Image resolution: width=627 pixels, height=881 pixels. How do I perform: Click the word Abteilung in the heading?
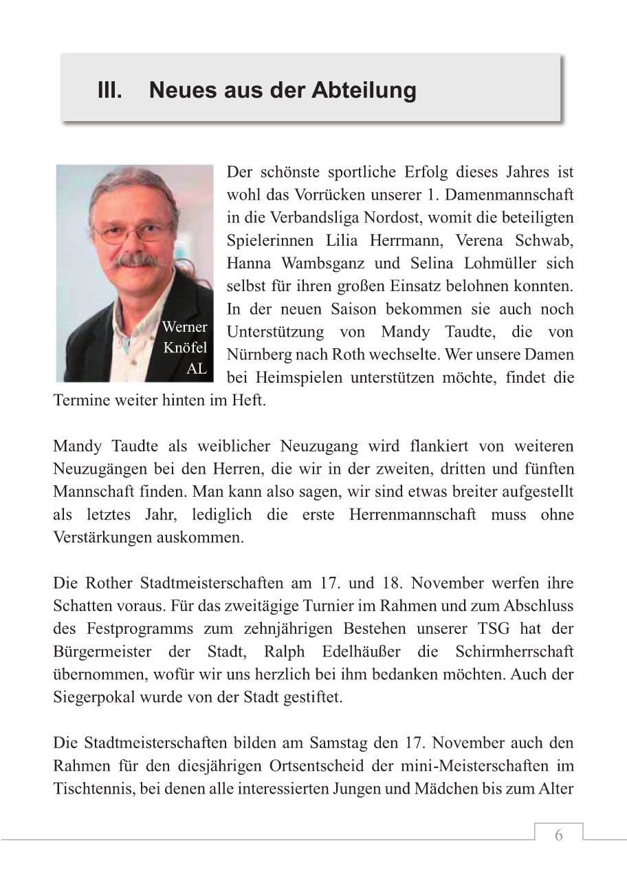(364, 90)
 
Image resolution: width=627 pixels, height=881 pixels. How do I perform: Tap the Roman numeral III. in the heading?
(109, 90)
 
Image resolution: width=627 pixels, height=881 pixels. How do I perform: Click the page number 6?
(558, 836)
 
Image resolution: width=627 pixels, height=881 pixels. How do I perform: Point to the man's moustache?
(135, 260)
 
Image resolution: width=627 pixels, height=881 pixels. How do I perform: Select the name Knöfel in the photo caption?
(184, 348)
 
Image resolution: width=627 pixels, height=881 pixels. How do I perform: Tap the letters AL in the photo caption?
(196, 369)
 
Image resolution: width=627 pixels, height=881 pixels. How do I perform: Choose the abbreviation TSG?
(529, 628)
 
